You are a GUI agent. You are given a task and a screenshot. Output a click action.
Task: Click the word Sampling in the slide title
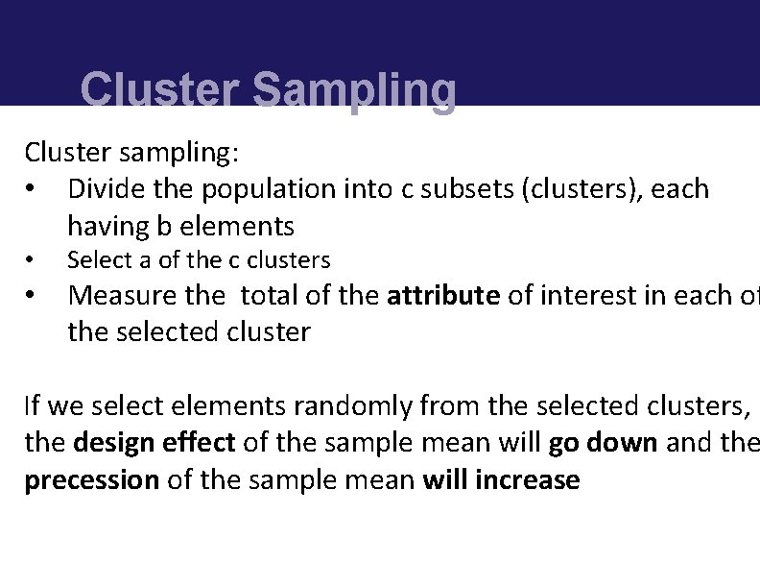point(354,91)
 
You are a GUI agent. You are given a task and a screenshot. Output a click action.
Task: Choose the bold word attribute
point(443,295)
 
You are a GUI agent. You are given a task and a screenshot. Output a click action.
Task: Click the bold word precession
point(91,479)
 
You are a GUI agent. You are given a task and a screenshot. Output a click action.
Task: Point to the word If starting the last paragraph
point(33,406)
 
